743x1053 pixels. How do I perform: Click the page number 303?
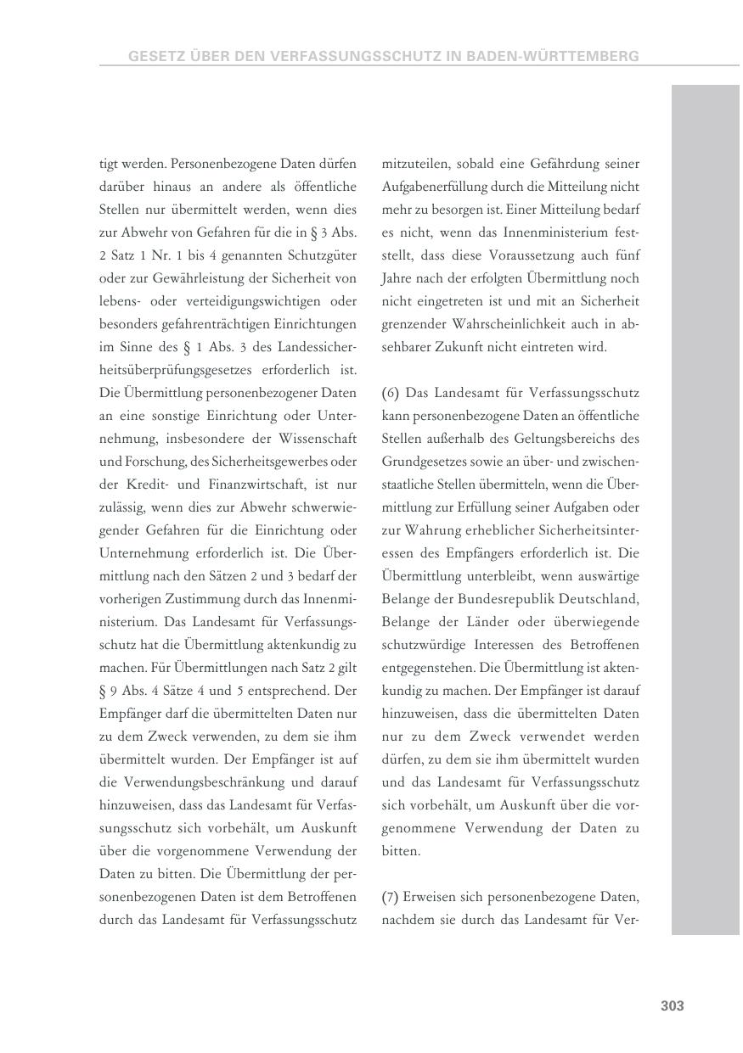(x=672, y=1005)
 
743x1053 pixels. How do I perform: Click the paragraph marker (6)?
(x=391, y=393)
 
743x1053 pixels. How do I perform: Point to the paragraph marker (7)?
(x=391, y=897)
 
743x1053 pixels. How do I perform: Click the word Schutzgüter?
(x=323, y=255)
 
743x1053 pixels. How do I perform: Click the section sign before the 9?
(x=104, y=691)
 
